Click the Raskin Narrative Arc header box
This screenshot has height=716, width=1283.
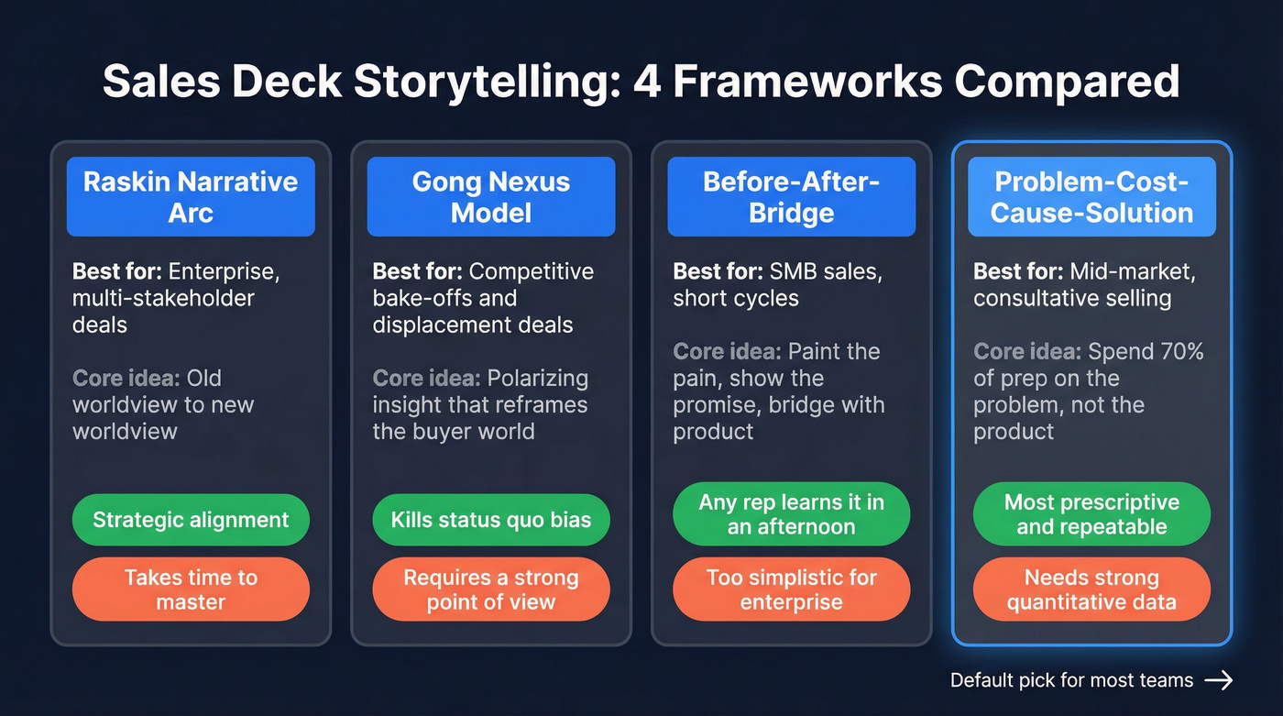[191, 196]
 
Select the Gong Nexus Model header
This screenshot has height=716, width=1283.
[491, 196]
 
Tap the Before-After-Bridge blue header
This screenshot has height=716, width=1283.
[791, 196]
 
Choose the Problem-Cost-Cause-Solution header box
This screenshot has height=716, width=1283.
[1091, 196]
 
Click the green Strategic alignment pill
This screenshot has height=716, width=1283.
[191, 520]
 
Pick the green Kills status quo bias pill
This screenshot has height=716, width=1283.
[491, 520]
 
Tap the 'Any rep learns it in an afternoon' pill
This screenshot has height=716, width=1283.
[791, 514]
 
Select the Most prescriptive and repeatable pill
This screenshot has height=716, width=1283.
[1091, 514]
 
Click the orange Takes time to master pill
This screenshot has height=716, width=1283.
[191, 589]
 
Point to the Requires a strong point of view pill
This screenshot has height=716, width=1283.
[491, 589]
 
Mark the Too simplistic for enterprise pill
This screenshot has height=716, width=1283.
[791, 589]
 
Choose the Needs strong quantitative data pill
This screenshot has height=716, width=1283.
[1091, 589]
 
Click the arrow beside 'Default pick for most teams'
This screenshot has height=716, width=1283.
[1219, 679]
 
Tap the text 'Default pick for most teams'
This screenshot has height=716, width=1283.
[1071, 680]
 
